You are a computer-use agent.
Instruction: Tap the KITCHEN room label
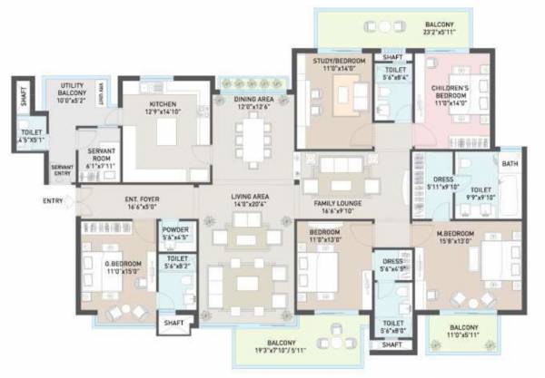pyautogui.click(x=163, y=105)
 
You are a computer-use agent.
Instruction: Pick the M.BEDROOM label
pyautogui.click(x=460, y=238)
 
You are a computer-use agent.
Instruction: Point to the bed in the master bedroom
pyautogui.click(x=490, y=263)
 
